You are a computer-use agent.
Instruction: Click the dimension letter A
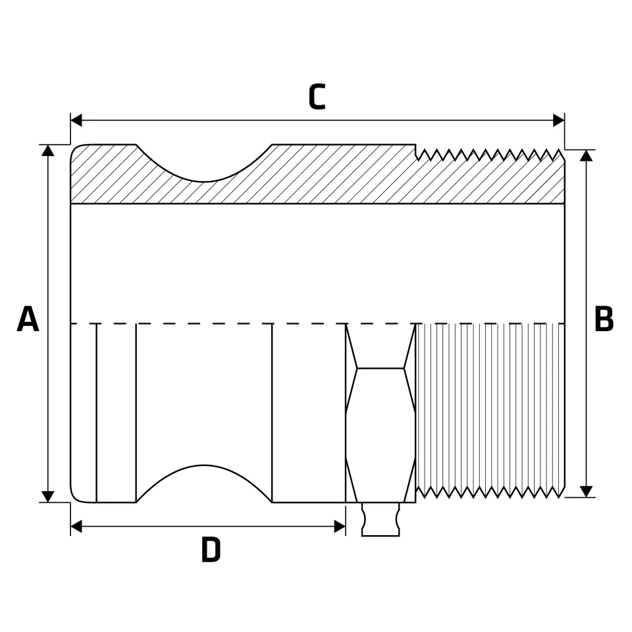click(x=28, y=319)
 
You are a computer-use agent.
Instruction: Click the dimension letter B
click(x=604, y=319)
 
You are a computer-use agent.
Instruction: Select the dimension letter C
click(x=317, y=97)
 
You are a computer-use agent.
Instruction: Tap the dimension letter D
click(x=211, y=550)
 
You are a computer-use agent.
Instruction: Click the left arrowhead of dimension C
click(x=76, y=120)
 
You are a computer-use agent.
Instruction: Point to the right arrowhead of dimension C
click(x=559, y=120)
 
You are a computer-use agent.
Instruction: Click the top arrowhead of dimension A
click(x=48, y=150)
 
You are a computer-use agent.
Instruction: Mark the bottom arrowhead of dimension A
click(x=48, y=496)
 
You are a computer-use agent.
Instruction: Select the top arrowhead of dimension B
click(x=586, y=155)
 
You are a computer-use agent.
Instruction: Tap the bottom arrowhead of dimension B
click(x=586, y=491)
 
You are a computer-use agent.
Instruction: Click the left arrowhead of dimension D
click(x=76, y=527)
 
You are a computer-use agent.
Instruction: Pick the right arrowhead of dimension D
click(x=340, y=527)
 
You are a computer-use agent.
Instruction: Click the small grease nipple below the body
click(x=381, y=519)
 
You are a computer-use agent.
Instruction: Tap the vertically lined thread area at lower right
click(x=490, y=410)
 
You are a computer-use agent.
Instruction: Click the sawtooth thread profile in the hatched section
click(x=490, y=155)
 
